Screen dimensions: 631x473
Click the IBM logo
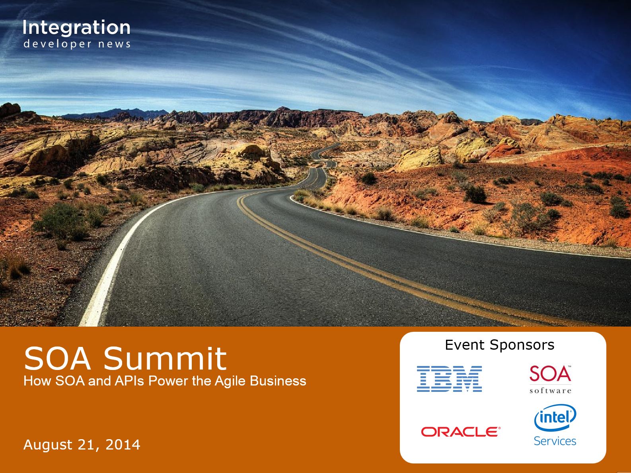[449, 379]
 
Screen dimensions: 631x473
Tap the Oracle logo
[461, 432]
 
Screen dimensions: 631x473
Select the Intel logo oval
[555, 418]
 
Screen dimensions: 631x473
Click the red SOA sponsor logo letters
[550, 374]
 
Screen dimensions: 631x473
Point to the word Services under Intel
[555, 441]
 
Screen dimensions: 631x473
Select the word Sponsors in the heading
[522, 345]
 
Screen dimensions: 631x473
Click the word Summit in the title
[165, 359]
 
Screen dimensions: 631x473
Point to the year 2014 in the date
[123, 444]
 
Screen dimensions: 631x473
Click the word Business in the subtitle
[278, 381]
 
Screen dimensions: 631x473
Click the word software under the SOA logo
[550, 391]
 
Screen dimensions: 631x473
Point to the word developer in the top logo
[58, 44]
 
